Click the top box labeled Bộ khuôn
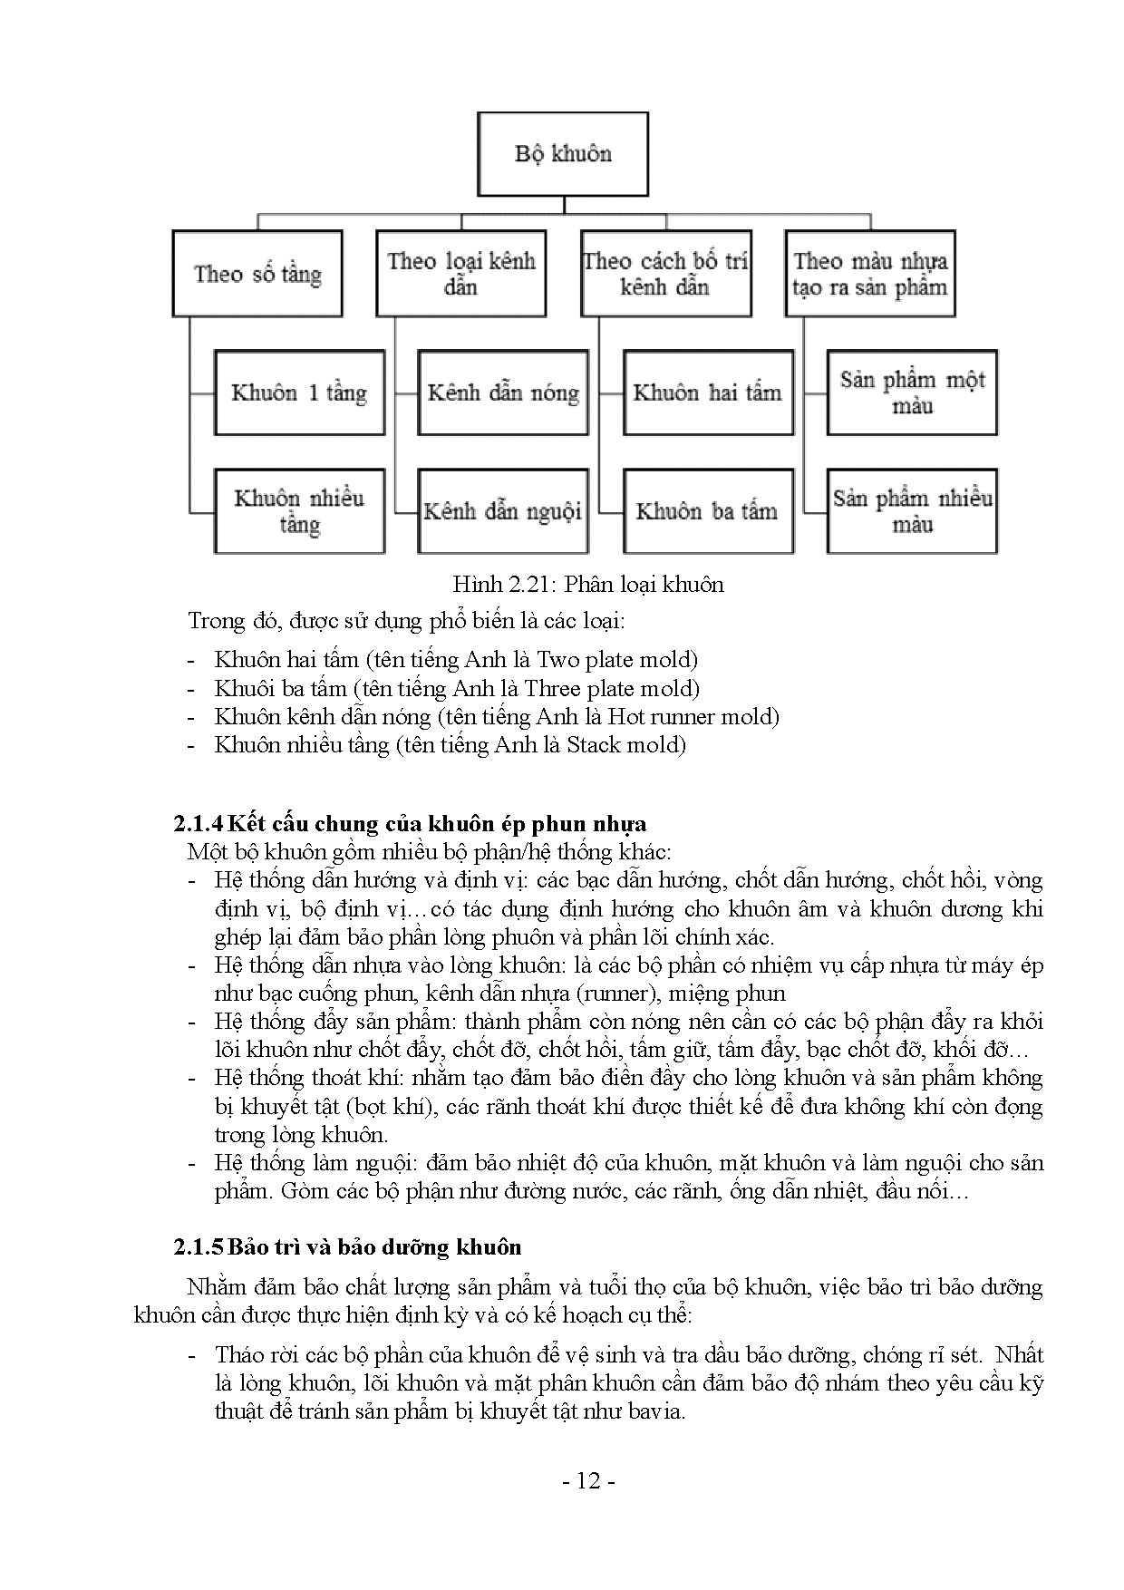563,154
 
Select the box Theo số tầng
257,274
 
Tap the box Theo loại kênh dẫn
461,274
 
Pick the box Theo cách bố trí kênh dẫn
666,274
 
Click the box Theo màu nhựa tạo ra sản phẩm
870,274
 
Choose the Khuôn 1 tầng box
299,393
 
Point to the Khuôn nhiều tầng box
299,511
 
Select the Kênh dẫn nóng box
503,393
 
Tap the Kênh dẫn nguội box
503,511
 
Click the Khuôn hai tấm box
707,393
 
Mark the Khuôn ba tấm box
707,511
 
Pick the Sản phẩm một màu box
912,393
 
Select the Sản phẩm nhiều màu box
912,511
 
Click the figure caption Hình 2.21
588,585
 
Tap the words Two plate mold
616,660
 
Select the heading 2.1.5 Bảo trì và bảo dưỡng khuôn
347,1247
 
